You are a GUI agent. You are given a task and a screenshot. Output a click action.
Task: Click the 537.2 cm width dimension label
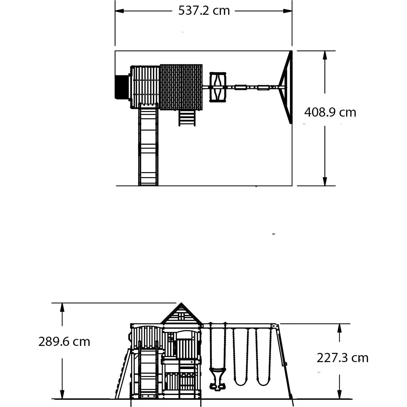coord(204,11)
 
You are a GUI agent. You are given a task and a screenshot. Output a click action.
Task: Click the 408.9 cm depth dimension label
coord(330,112)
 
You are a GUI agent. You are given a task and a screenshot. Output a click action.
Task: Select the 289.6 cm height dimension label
coord(64,342)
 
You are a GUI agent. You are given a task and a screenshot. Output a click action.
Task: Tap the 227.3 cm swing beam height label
coord(342,358)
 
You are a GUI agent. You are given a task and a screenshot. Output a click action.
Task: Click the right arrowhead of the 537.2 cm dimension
coord(288,11)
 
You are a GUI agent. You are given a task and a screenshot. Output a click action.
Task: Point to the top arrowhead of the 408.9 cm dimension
coord(325,55)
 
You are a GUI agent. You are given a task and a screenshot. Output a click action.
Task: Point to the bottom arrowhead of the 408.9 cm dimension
coord(325,181)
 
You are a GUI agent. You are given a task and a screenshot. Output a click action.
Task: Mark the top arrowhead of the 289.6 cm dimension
coord(62,307)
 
